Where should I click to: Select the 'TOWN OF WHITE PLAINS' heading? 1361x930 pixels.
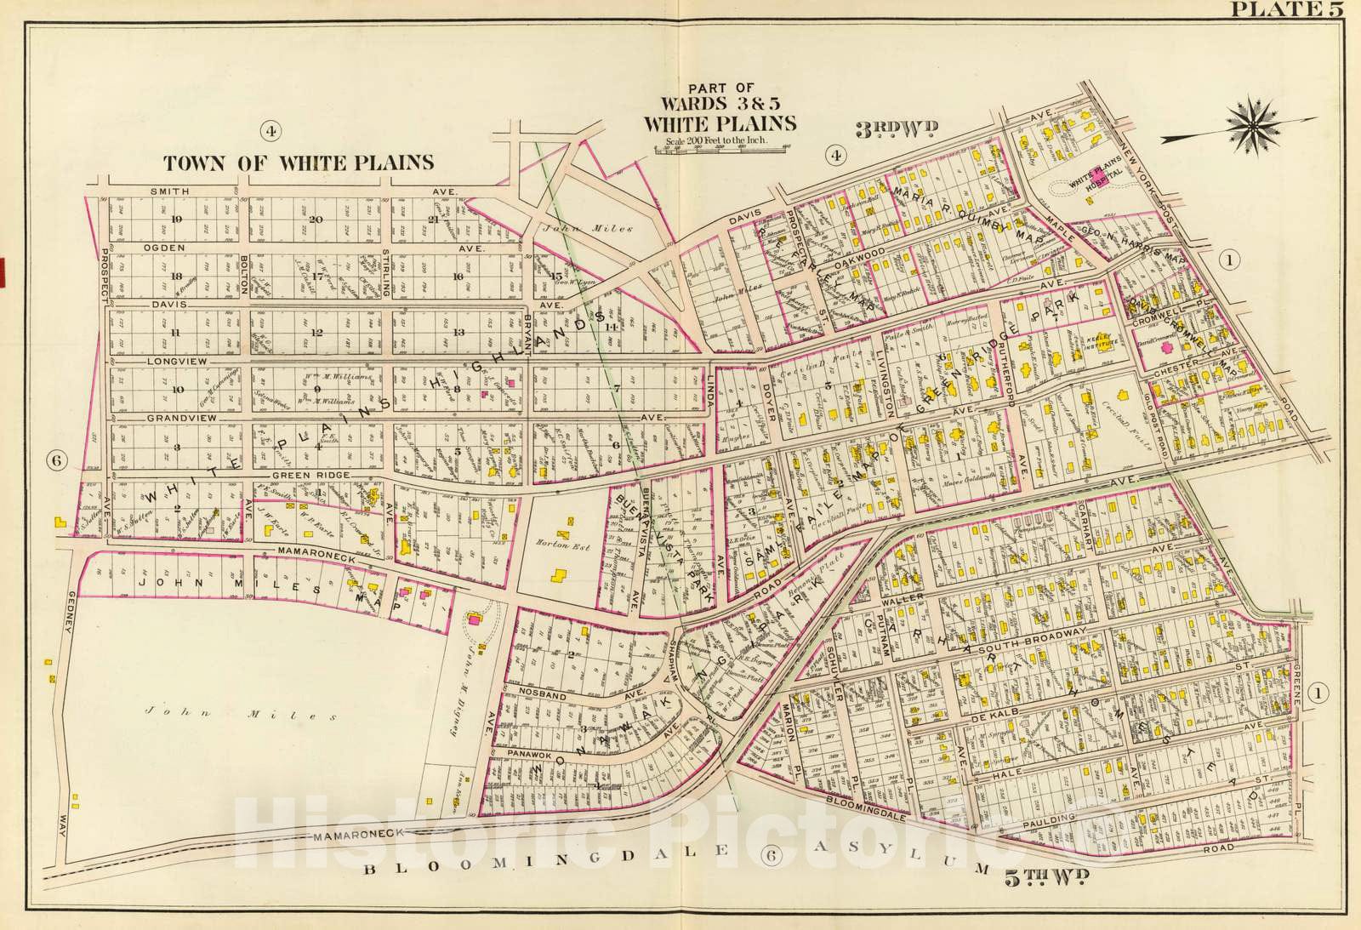click(x=299, y=163)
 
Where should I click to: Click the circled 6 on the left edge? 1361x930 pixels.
click(x=57, y=460)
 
